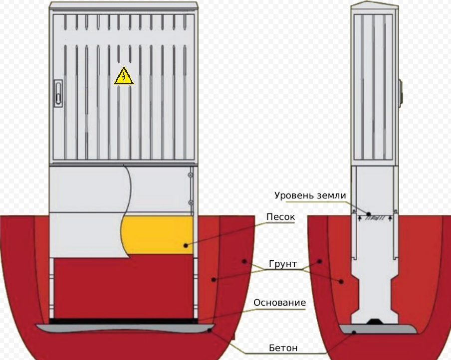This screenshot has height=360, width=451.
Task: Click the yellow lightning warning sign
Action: pyautogui.click(x=124, y=76)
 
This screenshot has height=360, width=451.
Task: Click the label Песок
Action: pyautogui.click(x=280, y=217)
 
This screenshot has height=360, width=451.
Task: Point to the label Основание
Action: pyautogui.click(x=279, y=303)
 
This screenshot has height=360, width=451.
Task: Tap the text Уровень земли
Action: pyautogui.click(x=310, y=195)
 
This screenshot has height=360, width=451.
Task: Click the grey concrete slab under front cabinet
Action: pyautogui.click(x=125, y=328)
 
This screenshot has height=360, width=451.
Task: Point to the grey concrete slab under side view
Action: pyautogui.click(x=377, y=329)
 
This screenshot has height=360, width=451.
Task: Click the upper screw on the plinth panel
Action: pyautogui.click(x=191, y=175)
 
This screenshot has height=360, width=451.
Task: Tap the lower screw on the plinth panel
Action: pyautogui.click(x=191, y=202)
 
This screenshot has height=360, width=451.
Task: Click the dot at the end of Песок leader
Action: pyautogui.click(x=186, y=245)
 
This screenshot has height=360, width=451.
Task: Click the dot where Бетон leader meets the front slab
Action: pyautogui.click(x=212, y=330)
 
